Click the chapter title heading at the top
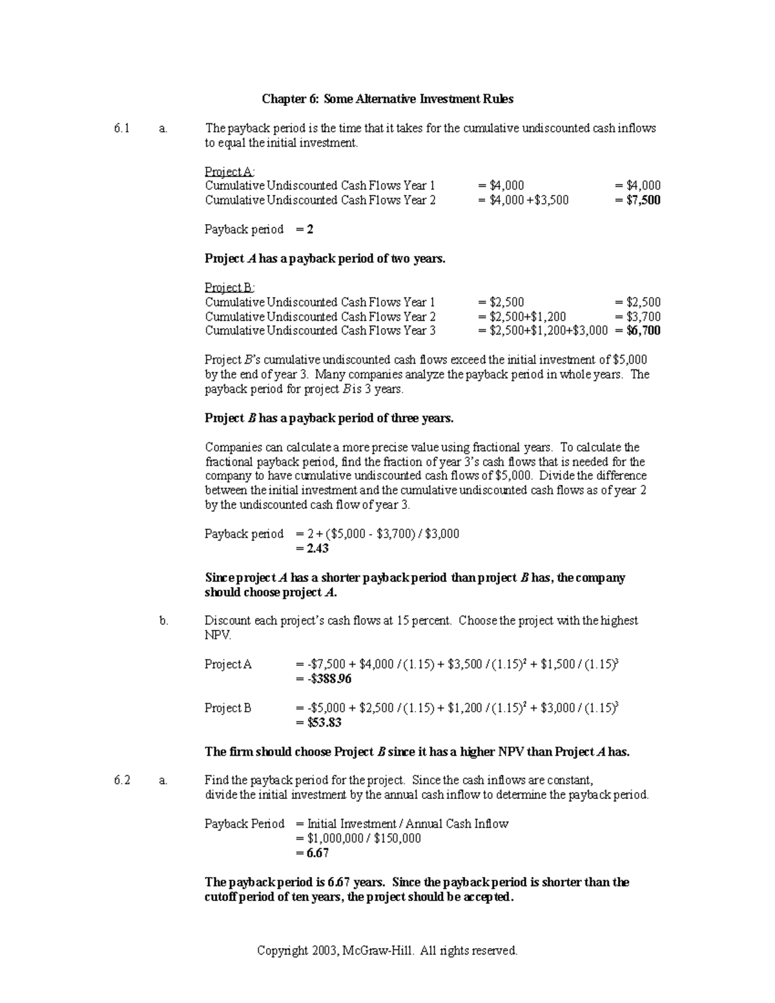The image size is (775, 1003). [387, 99]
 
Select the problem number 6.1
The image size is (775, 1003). [121, 129]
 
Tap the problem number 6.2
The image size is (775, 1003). [121, 780]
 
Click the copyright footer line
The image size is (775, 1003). [387, 951]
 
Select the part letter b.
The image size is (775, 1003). [163, 621]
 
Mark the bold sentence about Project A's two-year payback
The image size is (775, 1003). [325, 258]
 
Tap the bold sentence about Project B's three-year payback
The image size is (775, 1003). [329, 418]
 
